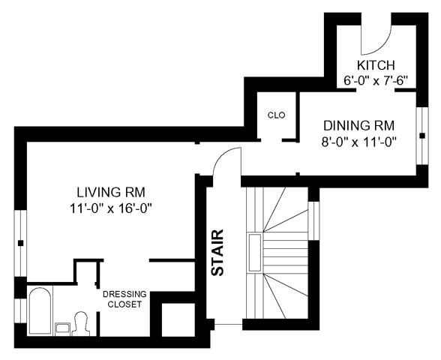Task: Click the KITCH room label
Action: [376, 65]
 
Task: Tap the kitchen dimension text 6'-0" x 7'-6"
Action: [376, 81]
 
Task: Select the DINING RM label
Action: [358, 125]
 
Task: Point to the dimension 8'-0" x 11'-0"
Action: [358, 142]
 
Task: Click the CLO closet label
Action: [276, 115]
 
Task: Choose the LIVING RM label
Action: [111, 192]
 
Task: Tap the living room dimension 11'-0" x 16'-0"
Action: [111, 208]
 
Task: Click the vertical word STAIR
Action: [217, 253]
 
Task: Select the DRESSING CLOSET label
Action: [124, 299]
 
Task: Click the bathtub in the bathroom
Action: [40, 310]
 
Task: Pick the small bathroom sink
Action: [62, 328]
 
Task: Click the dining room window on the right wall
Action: [421, 136]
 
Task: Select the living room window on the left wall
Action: [20, 243]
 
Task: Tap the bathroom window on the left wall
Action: [20, 310]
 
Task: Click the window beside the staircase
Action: [313, 220]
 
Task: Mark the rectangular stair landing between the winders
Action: [255, 253]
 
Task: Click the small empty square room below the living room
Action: [178, 319]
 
